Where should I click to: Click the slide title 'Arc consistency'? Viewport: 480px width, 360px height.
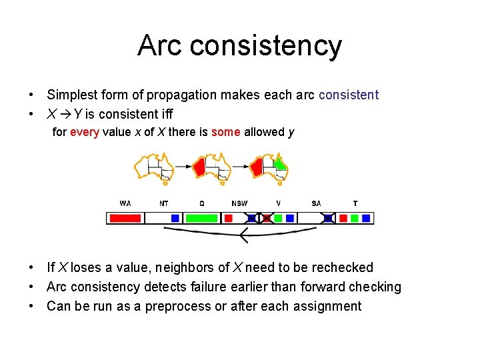tap(239, 45)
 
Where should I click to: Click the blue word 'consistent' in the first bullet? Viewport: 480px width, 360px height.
tap(348, 95)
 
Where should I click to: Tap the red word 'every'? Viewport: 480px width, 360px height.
tap(85, 132)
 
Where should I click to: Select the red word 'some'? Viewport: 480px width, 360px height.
tap(226, 132)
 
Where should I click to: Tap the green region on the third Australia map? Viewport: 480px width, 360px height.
tap(281, 162)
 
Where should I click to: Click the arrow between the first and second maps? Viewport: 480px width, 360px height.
tap(183, 166)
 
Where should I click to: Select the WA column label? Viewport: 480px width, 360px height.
tap(125, 203)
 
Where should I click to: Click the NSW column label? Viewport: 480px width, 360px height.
tap(239, 203)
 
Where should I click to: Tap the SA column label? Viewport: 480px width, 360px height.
tap(317, 203)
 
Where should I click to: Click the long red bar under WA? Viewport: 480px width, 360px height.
tap(125, 218)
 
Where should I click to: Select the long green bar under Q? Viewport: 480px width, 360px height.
tap(201, 218)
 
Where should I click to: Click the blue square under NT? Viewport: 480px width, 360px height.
tap(175, 218)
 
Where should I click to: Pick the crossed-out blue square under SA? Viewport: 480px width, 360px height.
tap(328, 218)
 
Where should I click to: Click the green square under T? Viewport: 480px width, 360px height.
tap(355, 218)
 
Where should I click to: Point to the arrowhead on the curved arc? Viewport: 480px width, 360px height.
tap(243, 235)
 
